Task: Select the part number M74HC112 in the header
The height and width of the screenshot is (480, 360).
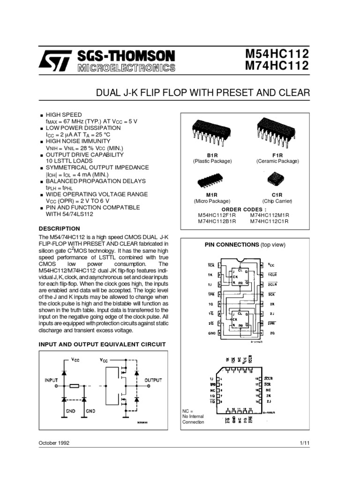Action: point(277,66)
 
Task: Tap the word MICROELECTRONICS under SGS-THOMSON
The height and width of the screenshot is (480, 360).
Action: point(124,68)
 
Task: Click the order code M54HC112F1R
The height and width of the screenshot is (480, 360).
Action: point(217,215)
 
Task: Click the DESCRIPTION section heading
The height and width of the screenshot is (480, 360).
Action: point(60,228)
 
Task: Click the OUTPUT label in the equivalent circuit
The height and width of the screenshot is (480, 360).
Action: point(153,380)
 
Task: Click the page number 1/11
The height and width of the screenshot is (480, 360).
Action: point(304,442)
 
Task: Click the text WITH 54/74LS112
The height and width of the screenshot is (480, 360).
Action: point(70,214)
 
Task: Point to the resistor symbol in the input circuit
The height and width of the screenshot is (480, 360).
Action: point(74,386)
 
